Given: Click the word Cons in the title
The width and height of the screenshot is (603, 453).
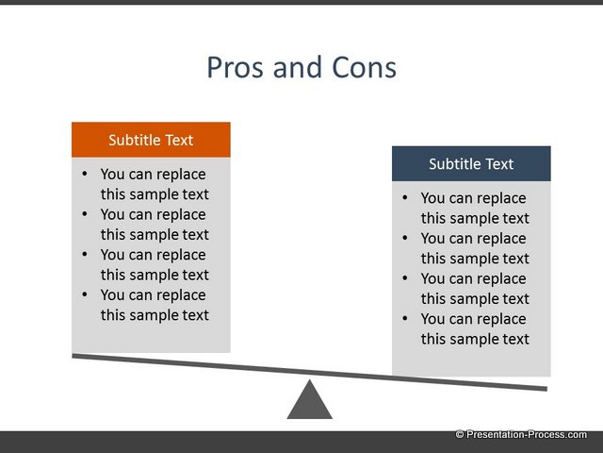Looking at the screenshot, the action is tap(364, 68).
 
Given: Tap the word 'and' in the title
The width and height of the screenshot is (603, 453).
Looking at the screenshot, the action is tap(298, 68).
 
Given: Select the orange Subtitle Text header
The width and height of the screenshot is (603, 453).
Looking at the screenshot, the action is tap(151, 140).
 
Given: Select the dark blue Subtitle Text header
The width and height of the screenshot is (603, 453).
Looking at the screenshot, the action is tap(471, 163).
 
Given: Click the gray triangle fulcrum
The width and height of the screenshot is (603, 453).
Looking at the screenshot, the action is tap(310, 400).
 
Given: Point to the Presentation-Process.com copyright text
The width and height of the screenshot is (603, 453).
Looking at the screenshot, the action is tap(521, 434).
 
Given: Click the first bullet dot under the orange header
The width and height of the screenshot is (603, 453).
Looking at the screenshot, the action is tap(85, 174).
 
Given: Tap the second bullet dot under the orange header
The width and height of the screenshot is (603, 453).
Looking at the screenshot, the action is tap(85, 214).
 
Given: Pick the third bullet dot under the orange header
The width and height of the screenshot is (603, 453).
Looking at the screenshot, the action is tap(85, 254).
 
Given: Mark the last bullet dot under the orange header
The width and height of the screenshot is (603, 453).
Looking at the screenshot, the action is tap(85, 294).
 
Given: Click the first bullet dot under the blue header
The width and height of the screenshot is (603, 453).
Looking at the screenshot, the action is tap(404, 197).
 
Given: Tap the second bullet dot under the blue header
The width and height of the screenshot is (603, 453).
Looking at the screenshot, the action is tap(404, 238).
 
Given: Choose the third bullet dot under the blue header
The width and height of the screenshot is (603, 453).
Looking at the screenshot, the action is tap(404, 278).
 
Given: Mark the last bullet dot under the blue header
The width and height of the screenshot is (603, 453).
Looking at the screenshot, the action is tap(404, 318).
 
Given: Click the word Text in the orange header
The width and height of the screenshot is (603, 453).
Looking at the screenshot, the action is tap(179, 141).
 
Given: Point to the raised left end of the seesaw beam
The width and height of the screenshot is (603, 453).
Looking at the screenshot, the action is tap(73, 356).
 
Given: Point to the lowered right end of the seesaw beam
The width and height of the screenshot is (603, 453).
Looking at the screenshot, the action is tap(546, 389).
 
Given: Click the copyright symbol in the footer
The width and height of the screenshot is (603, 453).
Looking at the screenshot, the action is tap(460, 434).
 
